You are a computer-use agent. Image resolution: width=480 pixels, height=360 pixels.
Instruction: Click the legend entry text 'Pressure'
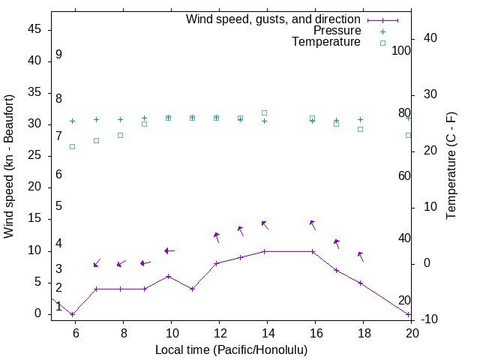coord(337,31)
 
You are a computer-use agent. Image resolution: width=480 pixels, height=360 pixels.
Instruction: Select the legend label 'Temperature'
coord(326,42)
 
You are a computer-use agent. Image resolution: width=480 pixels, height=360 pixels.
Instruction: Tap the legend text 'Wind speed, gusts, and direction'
coord(274,19)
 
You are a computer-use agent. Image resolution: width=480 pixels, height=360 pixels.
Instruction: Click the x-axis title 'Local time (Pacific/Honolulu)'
coord(231,349)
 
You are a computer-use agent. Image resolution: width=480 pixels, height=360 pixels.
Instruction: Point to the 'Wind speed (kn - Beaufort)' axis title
coord(9,166)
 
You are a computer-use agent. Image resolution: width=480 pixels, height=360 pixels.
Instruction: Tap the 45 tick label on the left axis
coord(34,29)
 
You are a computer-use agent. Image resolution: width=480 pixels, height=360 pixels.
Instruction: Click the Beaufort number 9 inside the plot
coord(58,55)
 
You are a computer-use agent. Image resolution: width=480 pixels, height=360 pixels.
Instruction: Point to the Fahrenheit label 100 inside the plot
coord(401,51)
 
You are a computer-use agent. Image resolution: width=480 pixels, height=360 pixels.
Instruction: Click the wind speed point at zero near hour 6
coord(72,314)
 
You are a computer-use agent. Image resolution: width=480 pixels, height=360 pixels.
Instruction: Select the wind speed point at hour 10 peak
coord(169,276)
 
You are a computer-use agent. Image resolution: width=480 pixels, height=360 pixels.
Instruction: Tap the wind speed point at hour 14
coord(265,251)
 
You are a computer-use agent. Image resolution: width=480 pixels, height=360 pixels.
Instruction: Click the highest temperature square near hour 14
coord(265,112)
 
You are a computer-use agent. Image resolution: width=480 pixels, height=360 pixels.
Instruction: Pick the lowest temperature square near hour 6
coord(72,146)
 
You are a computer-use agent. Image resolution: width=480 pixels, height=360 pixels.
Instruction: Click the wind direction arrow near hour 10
coord(169,250)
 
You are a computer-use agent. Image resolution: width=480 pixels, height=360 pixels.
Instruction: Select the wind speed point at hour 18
coord(361,283)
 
